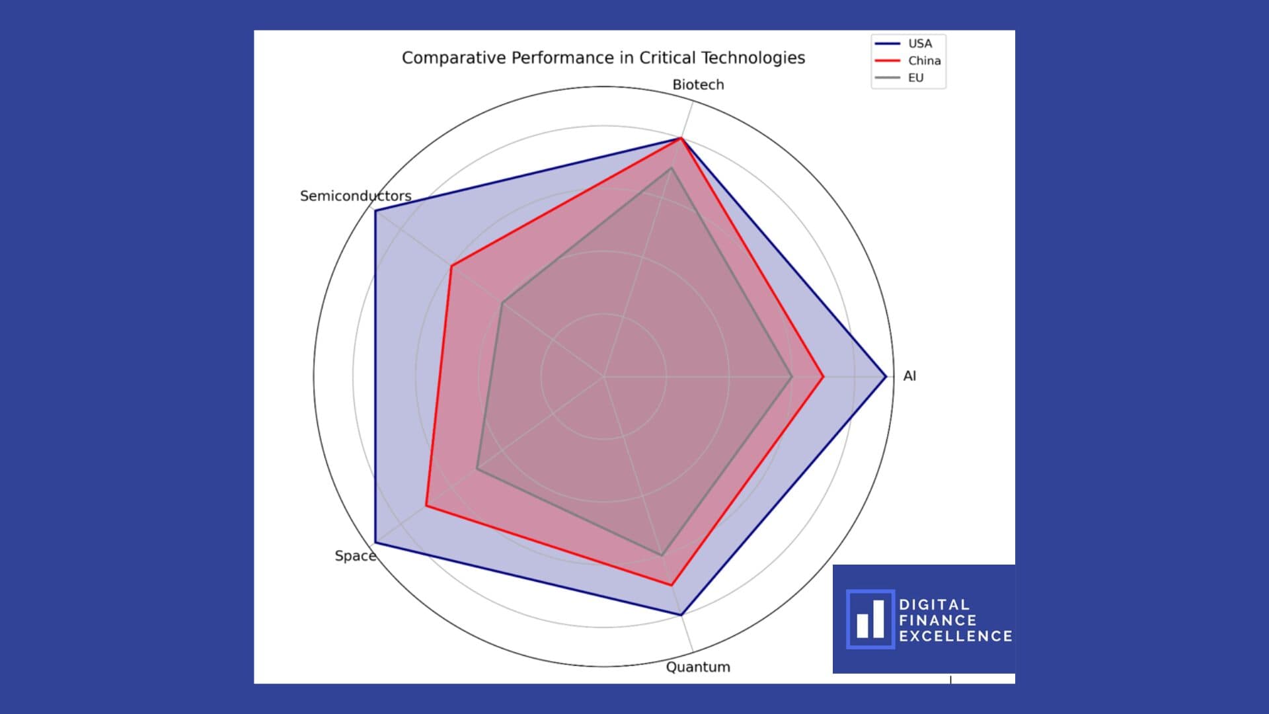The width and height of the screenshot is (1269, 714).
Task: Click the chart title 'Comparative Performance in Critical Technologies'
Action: [x=603, y=58]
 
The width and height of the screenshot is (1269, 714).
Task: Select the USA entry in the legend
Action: [x=919, y=44]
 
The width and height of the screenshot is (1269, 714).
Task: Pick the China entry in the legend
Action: [x=924, y=61]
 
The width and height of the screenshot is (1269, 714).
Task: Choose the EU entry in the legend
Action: [x=915, y=78]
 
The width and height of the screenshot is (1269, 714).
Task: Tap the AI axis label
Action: [x=909, y=376]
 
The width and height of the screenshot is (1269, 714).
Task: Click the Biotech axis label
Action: [x=698, y=85]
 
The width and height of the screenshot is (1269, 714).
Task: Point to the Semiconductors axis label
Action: [x=356, y=196]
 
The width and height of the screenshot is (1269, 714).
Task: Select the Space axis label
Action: [x=355, y=556]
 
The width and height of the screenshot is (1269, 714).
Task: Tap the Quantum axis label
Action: [x=698, y=667]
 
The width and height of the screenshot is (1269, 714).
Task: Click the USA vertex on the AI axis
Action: [x=886, y=377]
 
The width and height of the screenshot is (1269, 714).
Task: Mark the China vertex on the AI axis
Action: [x=823, y=377]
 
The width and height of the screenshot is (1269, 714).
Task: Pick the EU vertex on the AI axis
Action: [x=792, y=377]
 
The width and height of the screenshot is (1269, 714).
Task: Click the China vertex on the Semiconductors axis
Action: [x=451, y=266]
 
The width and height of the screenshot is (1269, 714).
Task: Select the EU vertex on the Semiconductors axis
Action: [x=502, y=303]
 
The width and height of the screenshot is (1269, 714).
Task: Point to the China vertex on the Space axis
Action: [x=426, y=506]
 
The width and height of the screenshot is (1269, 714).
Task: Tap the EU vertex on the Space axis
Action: [x=477, y=469]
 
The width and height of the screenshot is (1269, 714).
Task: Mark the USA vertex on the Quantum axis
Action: [x=681, y=615]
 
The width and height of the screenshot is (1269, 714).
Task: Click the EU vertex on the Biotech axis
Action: [x=672, y=168]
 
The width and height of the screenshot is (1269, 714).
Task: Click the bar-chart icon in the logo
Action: [x=870, y=619]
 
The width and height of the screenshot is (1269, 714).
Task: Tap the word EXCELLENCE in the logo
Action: [x=955, y=636]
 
